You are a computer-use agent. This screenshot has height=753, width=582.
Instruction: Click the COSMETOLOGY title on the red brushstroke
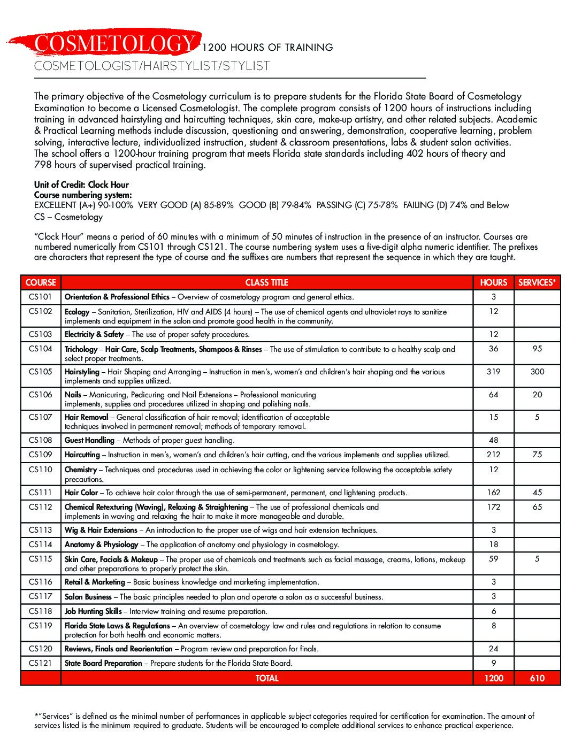click(114, 43)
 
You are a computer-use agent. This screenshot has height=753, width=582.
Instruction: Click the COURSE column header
click(41, 282)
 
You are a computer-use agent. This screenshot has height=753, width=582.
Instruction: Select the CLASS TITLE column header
click(266, 282)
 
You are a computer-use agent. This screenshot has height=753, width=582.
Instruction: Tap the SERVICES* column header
click(537, 282)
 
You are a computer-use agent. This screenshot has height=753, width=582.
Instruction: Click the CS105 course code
click(41, 372)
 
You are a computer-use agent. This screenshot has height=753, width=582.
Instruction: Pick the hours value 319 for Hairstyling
click(493, 372)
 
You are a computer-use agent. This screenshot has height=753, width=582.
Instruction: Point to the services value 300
click(537, 372)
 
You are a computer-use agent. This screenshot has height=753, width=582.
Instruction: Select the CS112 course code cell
click(41, 507)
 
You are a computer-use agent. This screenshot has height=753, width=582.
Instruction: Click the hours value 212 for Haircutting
click(493, 455)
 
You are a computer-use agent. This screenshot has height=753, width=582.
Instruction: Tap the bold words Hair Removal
click(86, 417)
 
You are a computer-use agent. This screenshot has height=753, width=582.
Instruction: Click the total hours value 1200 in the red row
click(493, 678)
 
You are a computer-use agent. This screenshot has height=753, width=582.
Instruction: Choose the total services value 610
click(537, 678)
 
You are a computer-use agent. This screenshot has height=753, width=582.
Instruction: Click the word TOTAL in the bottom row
click(266, 678)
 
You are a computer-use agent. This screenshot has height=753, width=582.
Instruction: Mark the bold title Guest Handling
click(89, 440)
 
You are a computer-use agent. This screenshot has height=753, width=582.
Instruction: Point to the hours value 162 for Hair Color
click(493, 493)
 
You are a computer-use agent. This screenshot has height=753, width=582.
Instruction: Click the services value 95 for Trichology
click(537, 349)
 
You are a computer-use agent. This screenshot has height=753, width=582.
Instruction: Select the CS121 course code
click(41, 663)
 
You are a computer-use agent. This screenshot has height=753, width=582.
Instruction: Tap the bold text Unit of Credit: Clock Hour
click(81, 185)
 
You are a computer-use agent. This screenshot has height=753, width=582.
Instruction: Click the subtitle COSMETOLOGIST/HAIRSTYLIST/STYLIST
click(152, 66)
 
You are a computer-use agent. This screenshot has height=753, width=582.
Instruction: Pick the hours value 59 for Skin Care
click(493, 559)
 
